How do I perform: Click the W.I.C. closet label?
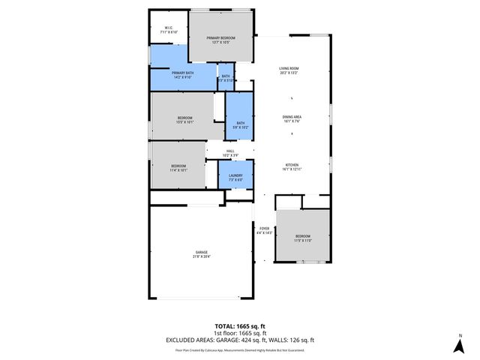coord(169,28)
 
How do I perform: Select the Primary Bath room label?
coord(183,73)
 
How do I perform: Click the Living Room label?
coord(289,68)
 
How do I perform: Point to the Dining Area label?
coord(292,117)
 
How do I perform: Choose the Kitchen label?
coord(292,165)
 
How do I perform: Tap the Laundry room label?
coord(235,175)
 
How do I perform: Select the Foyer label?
coord(264,228)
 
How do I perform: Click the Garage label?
coord(201,252)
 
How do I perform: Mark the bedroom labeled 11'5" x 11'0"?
coord(302,236)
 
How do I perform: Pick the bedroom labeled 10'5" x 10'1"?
coord(185,118)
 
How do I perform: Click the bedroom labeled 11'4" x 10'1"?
coord(178,166)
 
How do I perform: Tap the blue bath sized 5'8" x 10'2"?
coord(240,124)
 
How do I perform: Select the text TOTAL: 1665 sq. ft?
coord(240,325)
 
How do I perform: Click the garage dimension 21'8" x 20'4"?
coord(201,256)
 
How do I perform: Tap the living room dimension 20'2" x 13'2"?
coord(289,73)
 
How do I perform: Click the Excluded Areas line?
coord(240,340)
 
